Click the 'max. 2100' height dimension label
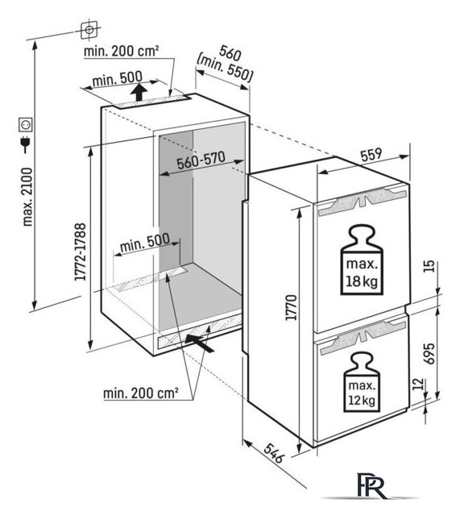tap(28, 197)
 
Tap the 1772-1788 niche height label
tap(81, 252)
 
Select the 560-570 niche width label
tap(201, 160)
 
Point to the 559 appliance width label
tap(371, 155)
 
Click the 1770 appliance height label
tap(292, 307)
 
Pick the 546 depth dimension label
tap(274, 453)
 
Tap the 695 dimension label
tap(429, 354)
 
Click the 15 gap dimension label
tap(429, 266)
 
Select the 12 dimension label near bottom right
tap(417, 384)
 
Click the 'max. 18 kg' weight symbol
tap(362, 260)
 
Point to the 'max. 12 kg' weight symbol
tap(362, 381)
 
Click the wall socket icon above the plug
tap(25, 125)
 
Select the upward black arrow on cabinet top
tap(139, 92)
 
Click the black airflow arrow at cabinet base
tap(200, 343)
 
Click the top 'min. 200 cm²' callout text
tap(122, 52)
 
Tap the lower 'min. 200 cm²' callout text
tap(141, 393)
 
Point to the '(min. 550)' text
tap(225, 71)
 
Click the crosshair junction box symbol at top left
tap(89, 30)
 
